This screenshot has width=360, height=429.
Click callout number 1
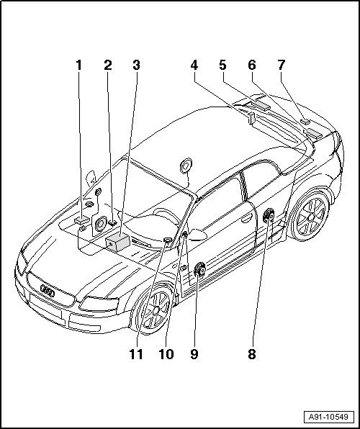click(x=79, y=65)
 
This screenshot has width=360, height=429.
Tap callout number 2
click(x=108, y=65)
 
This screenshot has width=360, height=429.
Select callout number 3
click(x=137, y=65)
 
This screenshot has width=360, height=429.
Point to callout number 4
click(x=194, y=65)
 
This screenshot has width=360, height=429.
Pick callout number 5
click(x=223, y=65)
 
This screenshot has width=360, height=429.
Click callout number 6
click(x=252, y=65)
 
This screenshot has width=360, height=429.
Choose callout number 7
click(x=281, y=65)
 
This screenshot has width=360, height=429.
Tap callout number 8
click(x=252, y=354)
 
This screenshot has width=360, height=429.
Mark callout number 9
click(x=194, y=354)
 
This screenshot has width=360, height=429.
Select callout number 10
click(x=166, y=354)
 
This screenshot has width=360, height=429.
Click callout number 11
click(x=136, y=354)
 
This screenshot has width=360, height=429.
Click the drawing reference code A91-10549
click(x=328, y=417)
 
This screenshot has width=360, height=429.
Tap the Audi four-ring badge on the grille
click(x=48, y=291)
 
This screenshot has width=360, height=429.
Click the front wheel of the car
click(x=154, y=310)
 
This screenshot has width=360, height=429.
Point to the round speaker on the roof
click(x=186, y=166)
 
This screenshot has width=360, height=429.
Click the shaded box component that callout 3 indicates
click(x=117, y=242)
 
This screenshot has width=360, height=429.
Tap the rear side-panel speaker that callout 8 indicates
click(x=269, y=216)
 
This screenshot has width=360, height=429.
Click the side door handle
click(x=246, y=218)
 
